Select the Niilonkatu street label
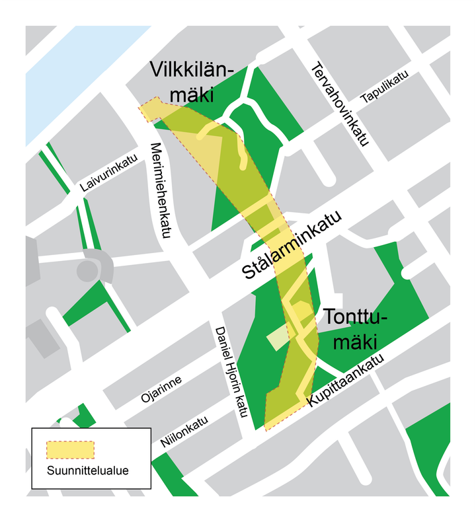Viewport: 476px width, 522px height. tap(180, 431)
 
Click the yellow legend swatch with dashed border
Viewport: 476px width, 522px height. tap(70, 450)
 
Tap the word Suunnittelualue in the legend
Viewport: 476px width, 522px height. tap(87, 471)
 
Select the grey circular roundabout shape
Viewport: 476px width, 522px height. tap(87, 270)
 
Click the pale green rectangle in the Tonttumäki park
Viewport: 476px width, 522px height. tap(278, 339)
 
